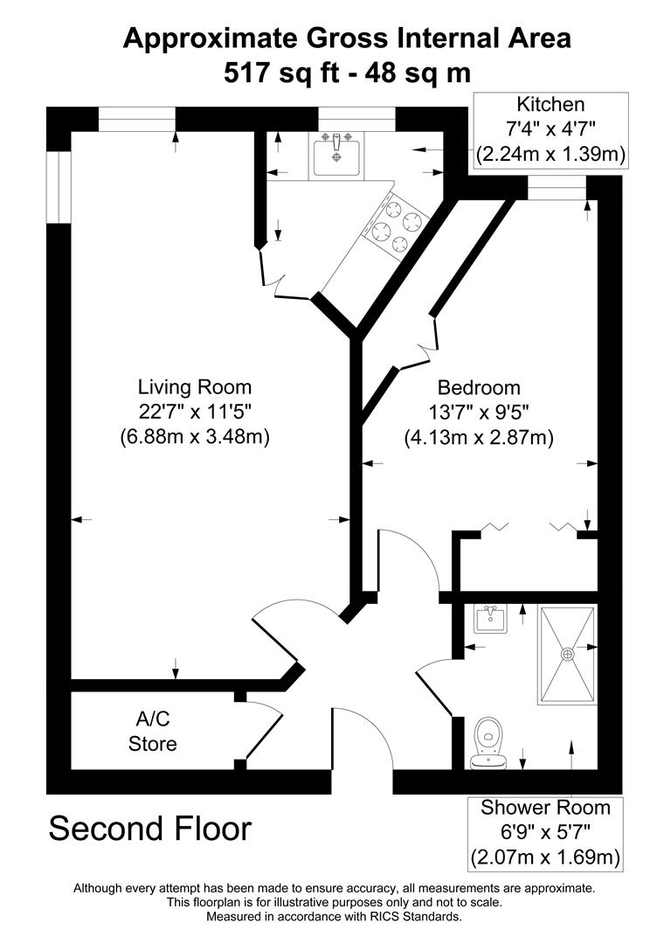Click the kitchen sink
(x=335, y=156)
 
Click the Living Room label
(x=194, y=386)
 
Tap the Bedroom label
(x=479, y=387)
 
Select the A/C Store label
(x=153, y=732)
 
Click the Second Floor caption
(x=149, y=828)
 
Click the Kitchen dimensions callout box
(x=550, y=130)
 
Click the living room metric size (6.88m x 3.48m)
(x=194, y=436)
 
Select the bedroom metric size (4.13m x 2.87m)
(x=479, y=436)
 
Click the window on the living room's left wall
(x=58, y=185)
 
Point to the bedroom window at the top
(x=557, y=187)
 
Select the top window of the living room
(x=136, y=118)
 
